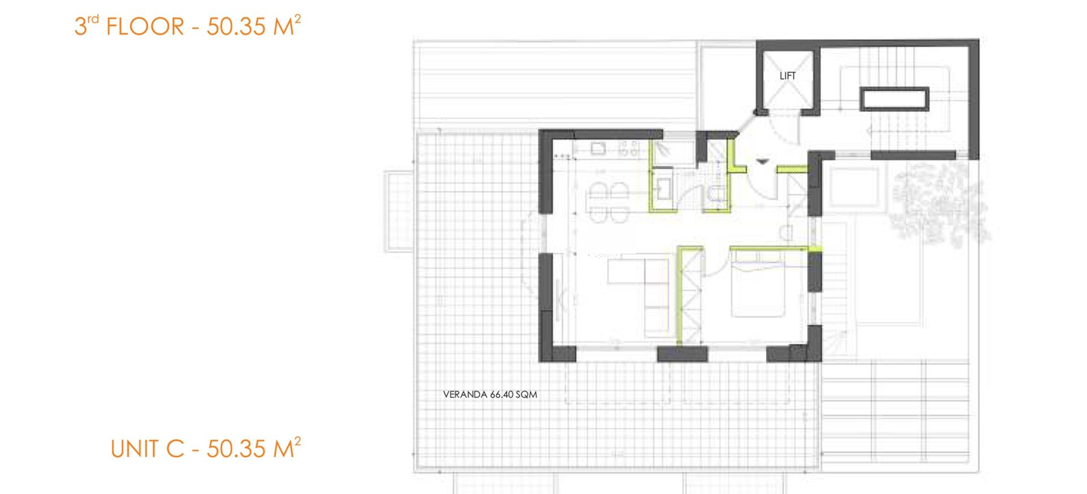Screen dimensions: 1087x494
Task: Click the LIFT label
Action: coord(788,76)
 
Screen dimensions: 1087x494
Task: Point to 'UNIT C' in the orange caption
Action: coord(148,449)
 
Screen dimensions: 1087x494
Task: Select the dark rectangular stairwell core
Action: coord(895,99)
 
